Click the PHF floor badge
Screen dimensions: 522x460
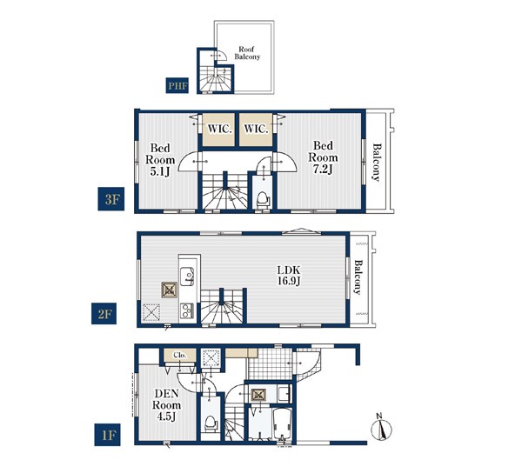(x=177, y=85)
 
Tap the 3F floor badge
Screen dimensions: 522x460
(x=110, y=199)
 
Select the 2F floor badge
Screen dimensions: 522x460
(x=104, y=314)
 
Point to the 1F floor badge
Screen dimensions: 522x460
(x=107, y=435)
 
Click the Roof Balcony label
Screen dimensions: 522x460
(x=247, y=53)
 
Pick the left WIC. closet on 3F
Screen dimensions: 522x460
(x=218, y=130)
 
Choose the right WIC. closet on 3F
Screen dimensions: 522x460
(x=256, y=130)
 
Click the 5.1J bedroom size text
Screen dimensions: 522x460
(x=160, y=172)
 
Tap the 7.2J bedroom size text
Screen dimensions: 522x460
(x=323, y=169)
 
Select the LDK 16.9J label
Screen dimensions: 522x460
(x=289, y=276)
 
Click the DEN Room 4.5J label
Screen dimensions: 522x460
(x=166, y=404)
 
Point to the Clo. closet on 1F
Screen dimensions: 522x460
(x=180, y=355)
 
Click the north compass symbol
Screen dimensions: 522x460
(x=381, y=427)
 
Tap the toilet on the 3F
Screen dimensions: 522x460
(x=263, y=199)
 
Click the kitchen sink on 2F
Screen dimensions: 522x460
(x=187, y=276)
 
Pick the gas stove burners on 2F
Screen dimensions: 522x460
(x=186, y=311)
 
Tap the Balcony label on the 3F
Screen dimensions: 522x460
(x=376, y=162)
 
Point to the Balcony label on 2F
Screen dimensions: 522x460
(x=358, y=277)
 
